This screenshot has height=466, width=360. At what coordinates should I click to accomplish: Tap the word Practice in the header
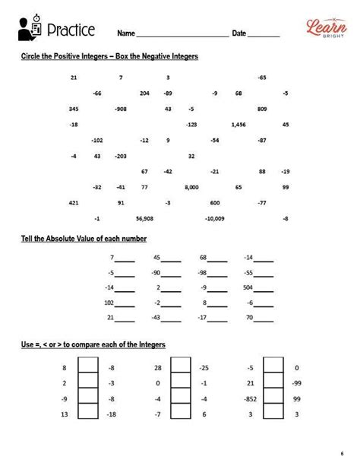pyautogui.click(x=71, y=30)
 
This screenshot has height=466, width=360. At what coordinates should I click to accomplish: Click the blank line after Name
pyautogui.click(x=182, y=34)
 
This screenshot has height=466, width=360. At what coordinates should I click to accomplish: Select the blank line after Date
pyautogui.click(x=264, y=34)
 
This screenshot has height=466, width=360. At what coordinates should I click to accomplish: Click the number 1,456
pyautogui.click(x=238, y=124)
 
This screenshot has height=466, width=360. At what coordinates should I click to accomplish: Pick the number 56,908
pyautogui.click(x=144, y=219)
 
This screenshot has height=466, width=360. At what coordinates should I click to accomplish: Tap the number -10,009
pyautogui.click(x=215, y=219)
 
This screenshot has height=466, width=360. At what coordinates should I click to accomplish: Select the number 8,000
pyautogui.click(x=191, y=187)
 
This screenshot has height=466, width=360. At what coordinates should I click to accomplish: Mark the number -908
pyautogui.click(x=120, y=109)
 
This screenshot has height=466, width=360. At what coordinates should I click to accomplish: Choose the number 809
pyautogui.click(x=262, y=109)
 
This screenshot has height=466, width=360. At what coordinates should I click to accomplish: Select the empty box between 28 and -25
pyautogui.click(x=179, y=369)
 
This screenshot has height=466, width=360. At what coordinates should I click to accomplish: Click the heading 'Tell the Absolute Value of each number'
pyautogui.click(x=84, y=239)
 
